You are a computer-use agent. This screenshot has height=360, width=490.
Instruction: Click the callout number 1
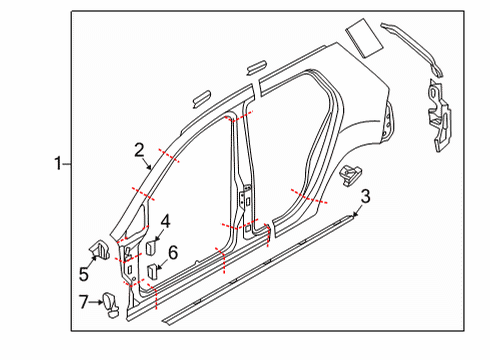(58, 164)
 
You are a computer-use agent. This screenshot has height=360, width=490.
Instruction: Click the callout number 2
(139, 150)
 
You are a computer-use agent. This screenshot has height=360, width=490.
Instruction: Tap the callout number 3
(366, 196)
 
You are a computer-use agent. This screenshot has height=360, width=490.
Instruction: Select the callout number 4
(166, 222)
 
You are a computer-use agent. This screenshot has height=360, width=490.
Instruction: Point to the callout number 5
(84, 274)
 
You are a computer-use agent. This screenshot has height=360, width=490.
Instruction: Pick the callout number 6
(173, 252)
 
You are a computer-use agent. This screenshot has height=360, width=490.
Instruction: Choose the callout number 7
(84, 302)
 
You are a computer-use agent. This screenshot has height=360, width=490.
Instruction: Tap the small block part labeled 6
(152, 271)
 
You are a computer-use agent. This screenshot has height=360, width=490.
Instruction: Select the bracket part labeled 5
(99, 249)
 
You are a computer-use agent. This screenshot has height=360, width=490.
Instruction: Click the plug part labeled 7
(111, 305)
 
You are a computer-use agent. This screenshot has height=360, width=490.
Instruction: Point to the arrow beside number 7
(96, 302)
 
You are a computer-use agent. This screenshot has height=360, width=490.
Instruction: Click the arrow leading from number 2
(147, 164)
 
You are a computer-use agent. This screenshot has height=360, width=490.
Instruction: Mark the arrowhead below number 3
(355, 214)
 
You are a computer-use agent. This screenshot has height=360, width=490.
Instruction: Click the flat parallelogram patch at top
(364, 38)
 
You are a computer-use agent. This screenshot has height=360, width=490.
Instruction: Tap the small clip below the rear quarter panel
(350, 175)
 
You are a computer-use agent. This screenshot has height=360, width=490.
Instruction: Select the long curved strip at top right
(413, 49)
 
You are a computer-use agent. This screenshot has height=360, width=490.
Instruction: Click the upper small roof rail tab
(256, 68)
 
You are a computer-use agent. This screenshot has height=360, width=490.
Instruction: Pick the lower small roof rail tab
(201, 98)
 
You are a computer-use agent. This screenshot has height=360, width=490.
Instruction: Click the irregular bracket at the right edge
(439, 115)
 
